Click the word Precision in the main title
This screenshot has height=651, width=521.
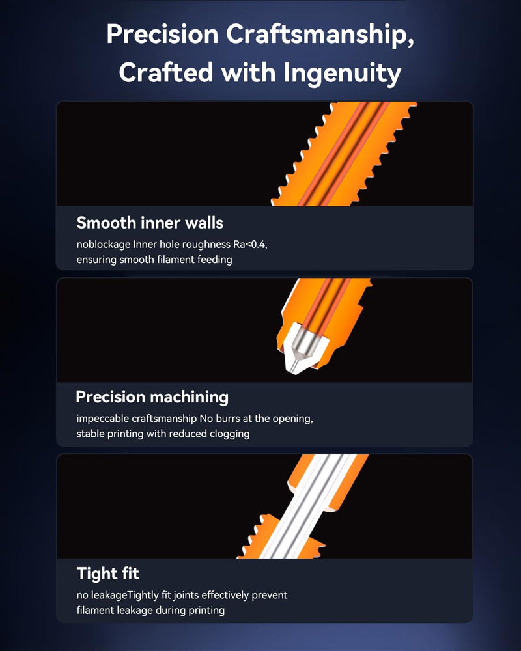point(162,34)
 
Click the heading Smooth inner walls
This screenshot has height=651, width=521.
point(150,223)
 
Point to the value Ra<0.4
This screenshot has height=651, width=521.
point(250,245)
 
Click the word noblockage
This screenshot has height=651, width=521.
point(104,245)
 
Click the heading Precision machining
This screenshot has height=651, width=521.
point(152,397)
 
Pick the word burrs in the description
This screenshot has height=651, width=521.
point(227,418)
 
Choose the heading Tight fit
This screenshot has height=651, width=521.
point(108,574)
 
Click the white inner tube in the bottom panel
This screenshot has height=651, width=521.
point(306,506)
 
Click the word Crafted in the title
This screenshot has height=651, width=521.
point(166,73)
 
